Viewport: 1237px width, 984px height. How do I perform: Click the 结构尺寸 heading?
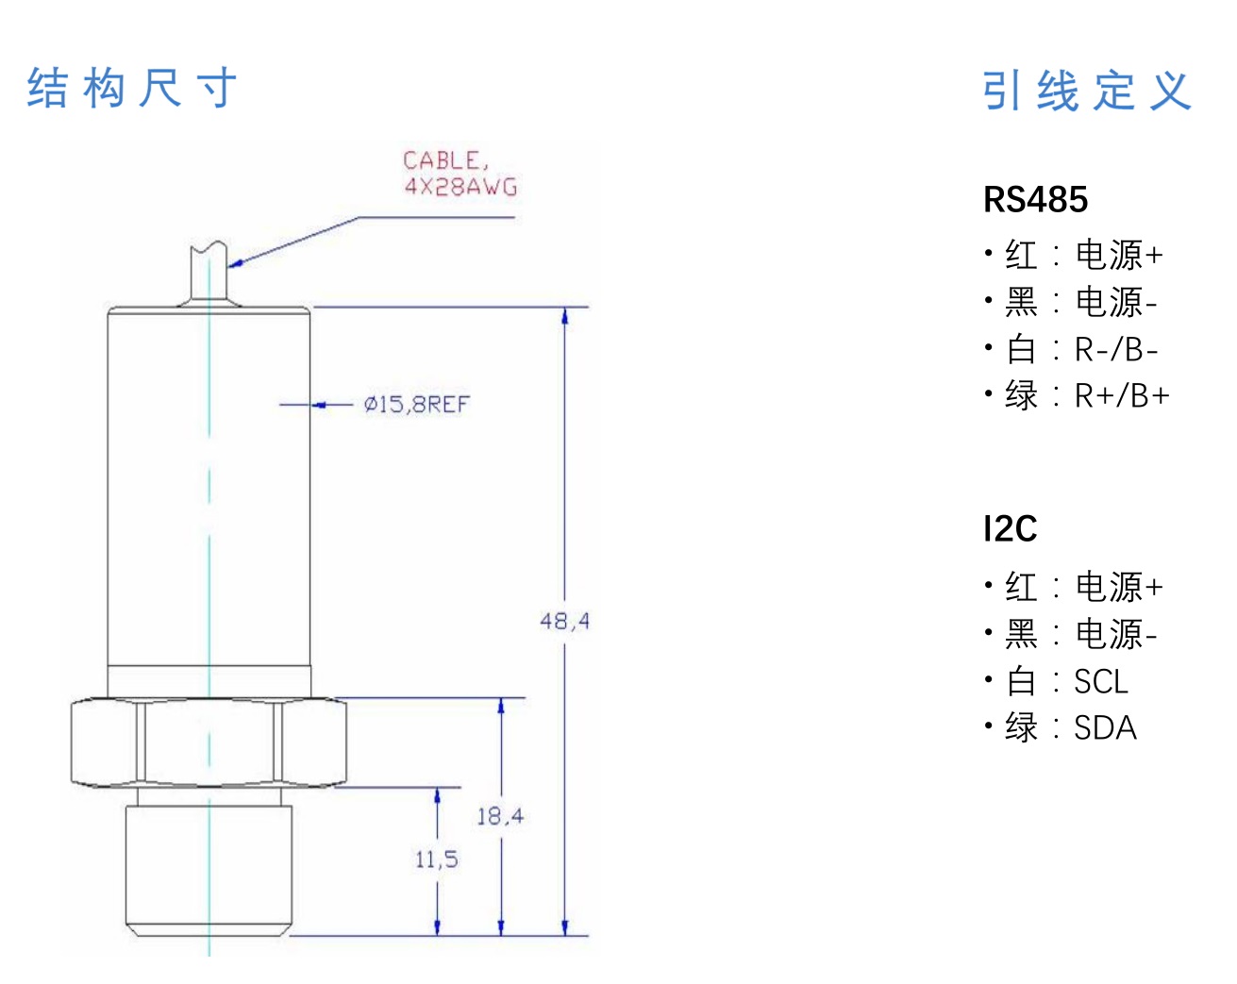(x=132, y=89)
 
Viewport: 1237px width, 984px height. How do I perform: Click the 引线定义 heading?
(x=1087, y=92)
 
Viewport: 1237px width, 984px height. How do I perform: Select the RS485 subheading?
(x=1035, y=200)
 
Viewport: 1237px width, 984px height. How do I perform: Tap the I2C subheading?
(x=1010, y=528)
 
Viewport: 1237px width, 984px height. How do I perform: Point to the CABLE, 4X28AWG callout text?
(x=460, y=174)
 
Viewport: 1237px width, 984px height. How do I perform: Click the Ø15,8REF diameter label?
(x=416, y=405)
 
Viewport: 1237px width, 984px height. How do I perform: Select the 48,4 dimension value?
(x=564, y=621)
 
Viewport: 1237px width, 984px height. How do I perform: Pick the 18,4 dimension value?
(x=499, y=816)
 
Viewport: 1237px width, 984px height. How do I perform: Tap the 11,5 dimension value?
(x=436, y=859)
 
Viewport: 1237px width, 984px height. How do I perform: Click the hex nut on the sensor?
(x=209, y=742)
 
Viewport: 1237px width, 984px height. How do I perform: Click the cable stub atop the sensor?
(x=209, y=274)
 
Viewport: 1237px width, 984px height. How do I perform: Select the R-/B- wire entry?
(x=1116, y=350)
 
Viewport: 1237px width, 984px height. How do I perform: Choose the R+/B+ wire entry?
(x=1122, y=396)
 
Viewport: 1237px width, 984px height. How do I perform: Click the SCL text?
(x=1101, y=681)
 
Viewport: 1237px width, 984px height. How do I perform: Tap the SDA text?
(x=1105, y=728)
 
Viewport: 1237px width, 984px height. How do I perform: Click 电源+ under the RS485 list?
(x=1119, y=255)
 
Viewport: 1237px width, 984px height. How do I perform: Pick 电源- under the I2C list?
(x=1116, y=634)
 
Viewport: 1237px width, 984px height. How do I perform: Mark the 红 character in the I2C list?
(x=1021, y=587)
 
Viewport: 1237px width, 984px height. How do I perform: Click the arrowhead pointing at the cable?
(x=236, y=263)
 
